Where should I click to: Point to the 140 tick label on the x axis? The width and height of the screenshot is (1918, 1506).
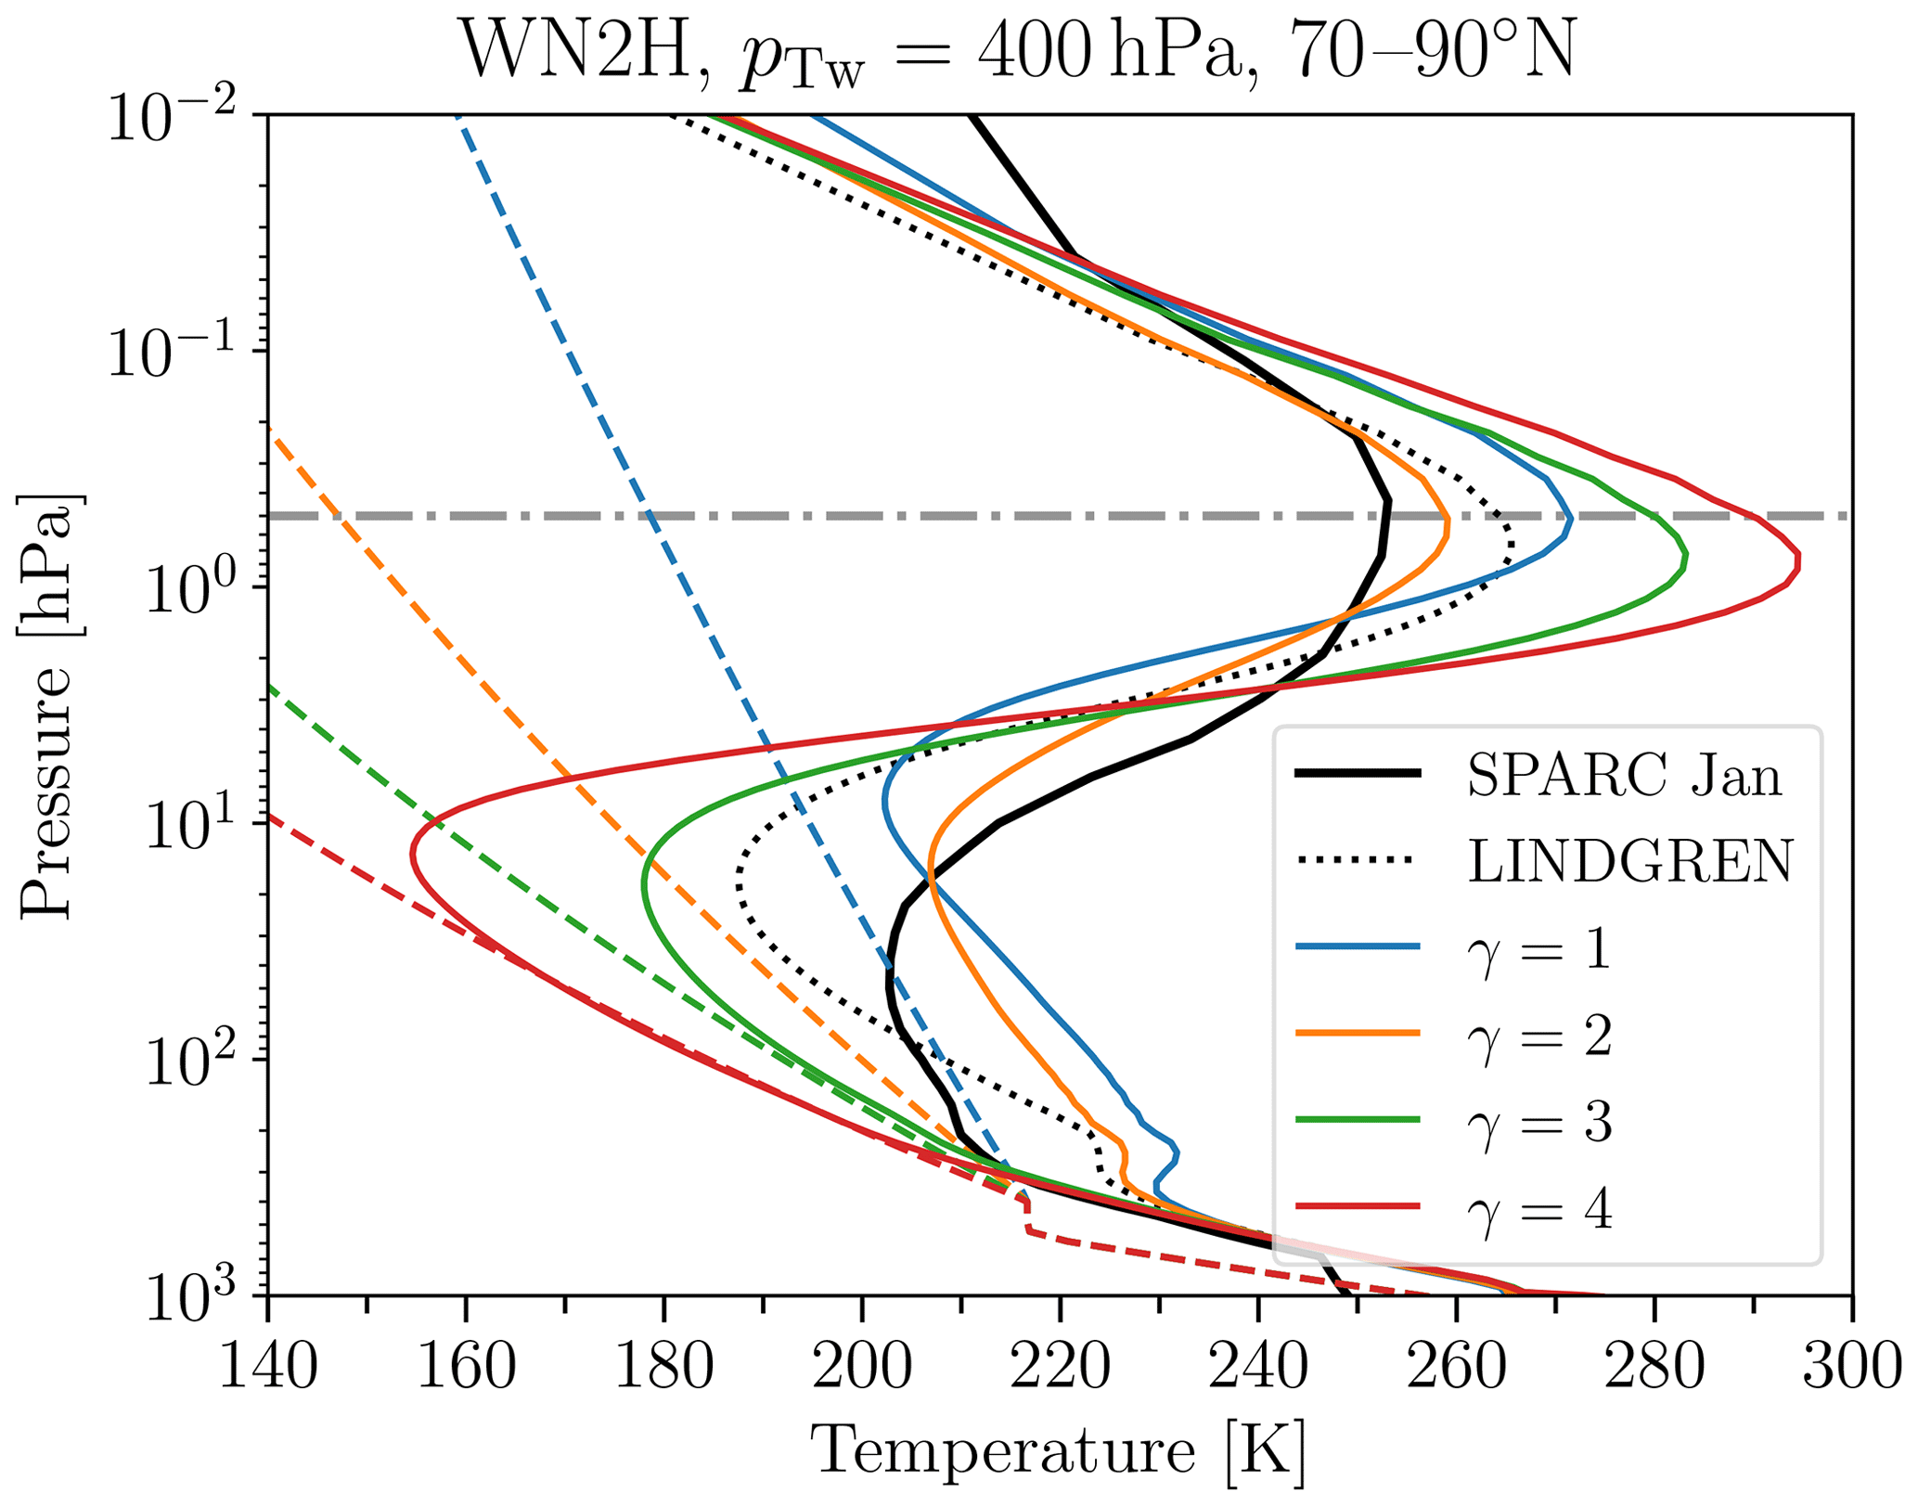[x=268, y=1368]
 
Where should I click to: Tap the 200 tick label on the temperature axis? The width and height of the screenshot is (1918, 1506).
[x=862, y=1368]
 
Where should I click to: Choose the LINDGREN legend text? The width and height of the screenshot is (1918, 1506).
[x=1629, y=861]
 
